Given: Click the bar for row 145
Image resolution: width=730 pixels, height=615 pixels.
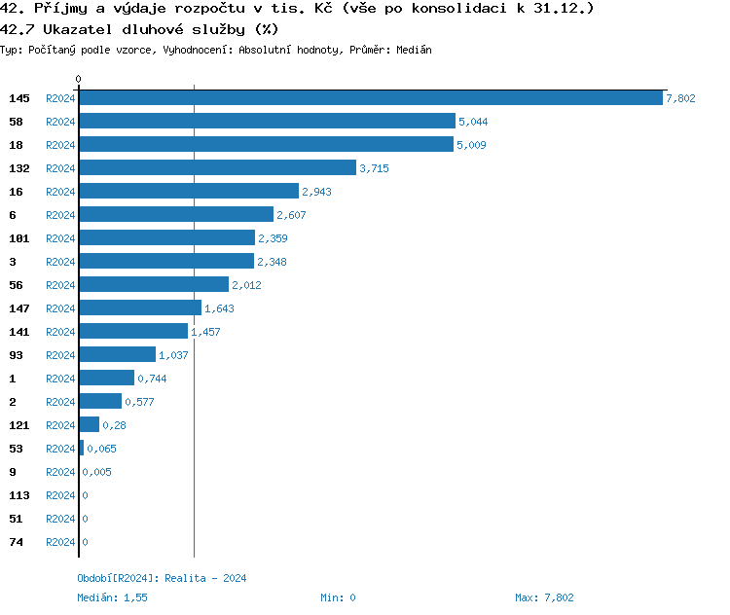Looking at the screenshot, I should tap(370, 98).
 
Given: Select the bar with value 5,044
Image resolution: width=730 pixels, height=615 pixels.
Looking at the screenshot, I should tap(267, 122).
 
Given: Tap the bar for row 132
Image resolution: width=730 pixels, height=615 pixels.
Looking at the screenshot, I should tap(217, 168).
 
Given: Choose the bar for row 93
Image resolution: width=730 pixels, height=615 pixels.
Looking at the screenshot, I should tap(117, 355).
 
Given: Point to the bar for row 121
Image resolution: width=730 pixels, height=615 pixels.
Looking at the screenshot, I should tap(89, 425).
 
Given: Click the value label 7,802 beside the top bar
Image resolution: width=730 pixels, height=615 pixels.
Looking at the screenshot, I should tap(680, 98).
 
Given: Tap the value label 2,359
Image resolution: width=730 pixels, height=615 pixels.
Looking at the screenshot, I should tap(273, 238).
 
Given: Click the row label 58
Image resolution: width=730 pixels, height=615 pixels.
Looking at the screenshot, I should tap(16, 122).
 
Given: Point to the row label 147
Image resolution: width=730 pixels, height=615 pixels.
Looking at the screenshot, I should tap(18, 308).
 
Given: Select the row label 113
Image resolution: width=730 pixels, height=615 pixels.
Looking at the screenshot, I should tap(18, 495).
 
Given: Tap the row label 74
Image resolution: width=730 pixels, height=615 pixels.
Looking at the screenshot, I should tap(16, 542).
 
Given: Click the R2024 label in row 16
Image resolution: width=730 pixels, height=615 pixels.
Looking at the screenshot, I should tap(60, 192).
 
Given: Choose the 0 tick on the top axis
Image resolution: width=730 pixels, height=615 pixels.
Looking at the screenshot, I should tap(79, 79).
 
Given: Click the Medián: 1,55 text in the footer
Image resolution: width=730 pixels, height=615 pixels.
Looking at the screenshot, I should tap(112, 597).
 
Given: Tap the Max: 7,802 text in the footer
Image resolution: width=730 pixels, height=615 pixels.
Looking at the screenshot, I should tap(544, 597).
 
